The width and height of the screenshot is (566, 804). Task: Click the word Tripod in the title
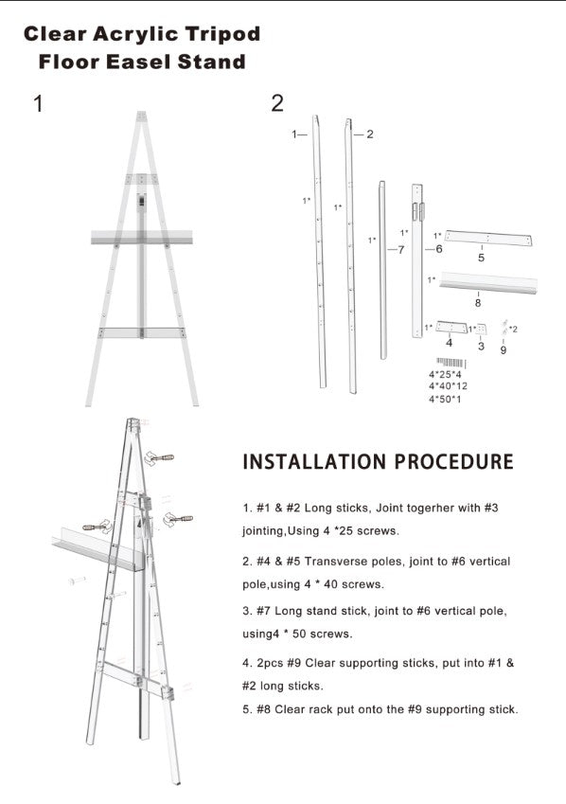[x=222, y=34]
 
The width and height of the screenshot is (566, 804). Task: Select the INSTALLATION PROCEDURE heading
[x=378, y=461]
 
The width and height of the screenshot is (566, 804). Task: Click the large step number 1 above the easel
[x=38, y=103]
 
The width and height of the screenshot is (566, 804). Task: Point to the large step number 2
[x=276, y=103]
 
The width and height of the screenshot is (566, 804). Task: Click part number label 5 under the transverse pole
[x=481, y=258]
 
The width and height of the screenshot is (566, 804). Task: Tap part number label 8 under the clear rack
[x=478, y=302]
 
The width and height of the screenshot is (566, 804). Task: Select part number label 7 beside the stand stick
[x=401, y=250]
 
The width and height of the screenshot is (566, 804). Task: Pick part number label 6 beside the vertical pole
[x=439, y=249]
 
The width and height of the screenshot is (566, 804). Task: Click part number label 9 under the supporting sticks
[x=503, y=349]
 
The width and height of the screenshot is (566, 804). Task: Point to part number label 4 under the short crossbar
[x=449, y=342]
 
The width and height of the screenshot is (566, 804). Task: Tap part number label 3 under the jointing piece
[x=481, y=346]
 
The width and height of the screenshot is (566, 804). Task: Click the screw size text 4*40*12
[x=448, y=386]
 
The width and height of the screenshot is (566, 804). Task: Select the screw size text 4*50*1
[x=445, y=399]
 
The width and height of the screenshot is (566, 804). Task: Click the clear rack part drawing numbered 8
[x=488, y=282]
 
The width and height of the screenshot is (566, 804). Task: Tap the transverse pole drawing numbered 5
[x=488, y=238]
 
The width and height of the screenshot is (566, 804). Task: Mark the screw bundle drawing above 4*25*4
[x=451, y=363]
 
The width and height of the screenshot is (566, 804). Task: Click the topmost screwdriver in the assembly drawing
[x=159, y=458]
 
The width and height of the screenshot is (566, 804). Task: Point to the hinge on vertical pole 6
[x=417, y=212]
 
